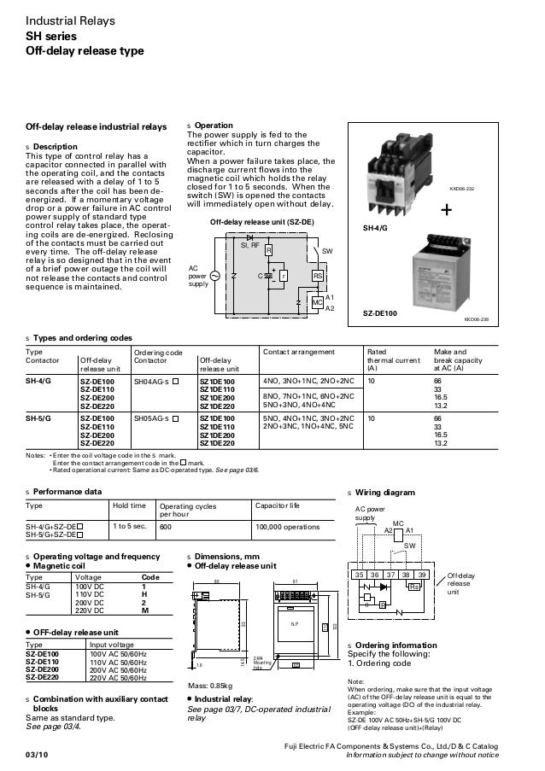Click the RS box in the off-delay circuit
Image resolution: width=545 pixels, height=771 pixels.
coord(316,276)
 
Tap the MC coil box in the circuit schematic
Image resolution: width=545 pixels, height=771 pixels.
coord(316,303)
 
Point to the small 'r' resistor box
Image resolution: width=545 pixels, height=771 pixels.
coord(283,276)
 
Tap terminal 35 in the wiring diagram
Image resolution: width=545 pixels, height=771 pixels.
coord(359,576)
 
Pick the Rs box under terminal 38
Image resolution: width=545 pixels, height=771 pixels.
coord(414,587)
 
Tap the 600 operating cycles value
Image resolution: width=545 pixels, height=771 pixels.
coord(166,527)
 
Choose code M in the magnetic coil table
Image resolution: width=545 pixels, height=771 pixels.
coord(144,611)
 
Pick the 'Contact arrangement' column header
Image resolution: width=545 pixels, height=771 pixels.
coord(299,351)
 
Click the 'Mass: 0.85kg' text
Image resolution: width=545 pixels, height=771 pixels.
coord(210,685)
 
